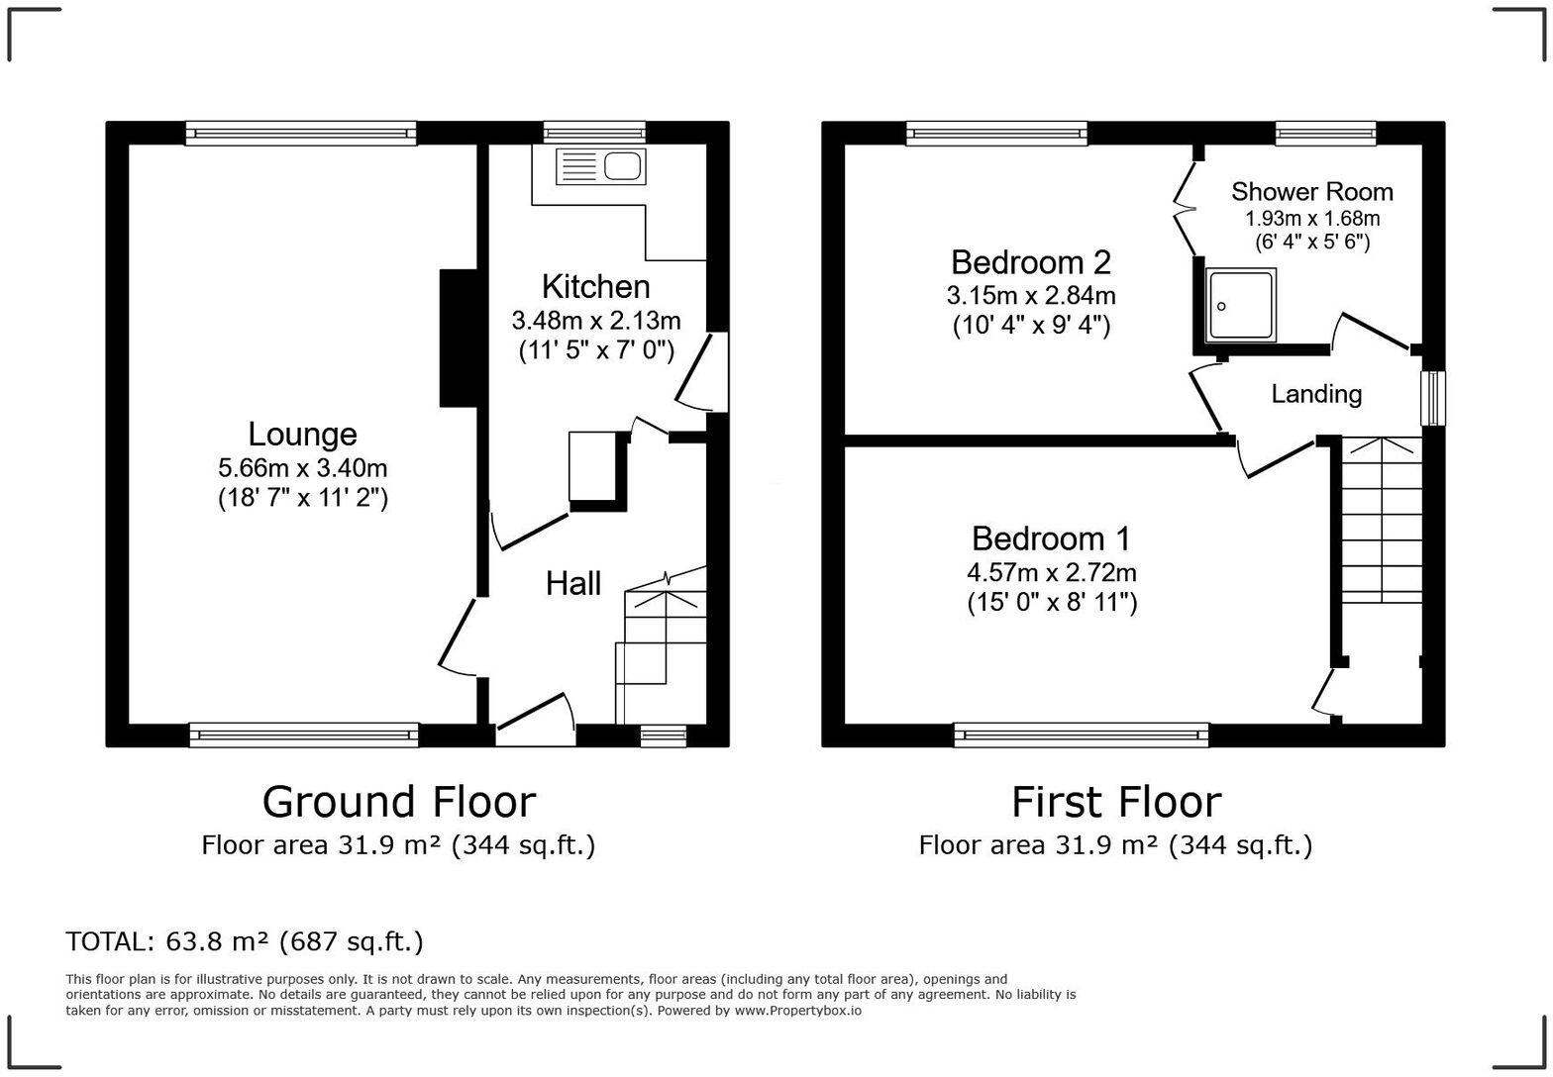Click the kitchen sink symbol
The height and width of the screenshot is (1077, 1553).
[600, 166]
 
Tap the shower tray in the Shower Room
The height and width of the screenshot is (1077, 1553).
[1240, 306]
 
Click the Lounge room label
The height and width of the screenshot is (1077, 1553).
[303, 435]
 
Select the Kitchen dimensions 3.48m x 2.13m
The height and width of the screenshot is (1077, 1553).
[596, 320]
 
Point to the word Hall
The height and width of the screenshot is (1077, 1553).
[573, 584]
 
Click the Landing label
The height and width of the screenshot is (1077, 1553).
[1316, 394]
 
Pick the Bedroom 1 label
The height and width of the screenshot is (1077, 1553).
[1051, 538]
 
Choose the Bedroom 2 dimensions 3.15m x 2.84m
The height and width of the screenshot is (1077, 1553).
[1031, 296]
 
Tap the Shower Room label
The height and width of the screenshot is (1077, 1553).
[1311, 191]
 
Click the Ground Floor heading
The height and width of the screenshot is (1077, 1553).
[399, 802]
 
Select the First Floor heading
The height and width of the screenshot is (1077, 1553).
[1116, 802]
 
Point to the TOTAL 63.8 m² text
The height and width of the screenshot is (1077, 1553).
[244, 941]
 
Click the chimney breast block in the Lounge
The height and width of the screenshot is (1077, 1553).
[459, 338]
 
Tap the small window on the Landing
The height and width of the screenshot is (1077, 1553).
[1434, 398]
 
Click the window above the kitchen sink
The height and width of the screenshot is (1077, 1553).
[594, 133]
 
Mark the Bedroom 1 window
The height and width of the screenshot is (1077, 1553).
[1082, 734]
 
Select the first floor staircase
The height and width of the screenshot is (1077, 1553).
[1383, 520]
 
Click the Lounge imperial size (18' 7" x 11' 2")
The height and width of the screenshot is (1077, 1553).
[303, 498]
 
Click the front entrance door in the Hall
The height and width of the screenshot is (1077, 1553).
[535, 718]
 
